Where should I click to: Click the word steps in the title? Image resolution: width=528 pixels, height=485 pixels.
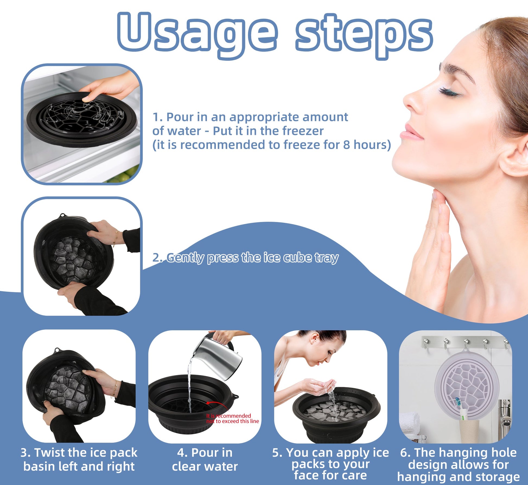[x=364, y=34]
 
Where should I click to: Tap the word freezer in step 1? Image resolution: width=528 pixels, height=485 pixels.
[x=303, y=131]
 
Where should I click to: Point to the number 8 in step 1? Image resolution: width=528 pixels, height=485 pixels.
[x=346, y=145]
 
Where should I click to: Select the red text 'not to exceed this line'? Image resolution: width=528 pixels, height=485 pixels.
[x=232, y=421]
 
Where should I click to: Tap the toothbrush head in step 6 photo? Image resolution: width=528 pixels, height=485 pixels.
[x=458, y=402]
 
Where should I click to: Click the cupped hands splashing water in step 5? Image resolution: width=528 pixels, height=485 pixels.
[x=324, y=385]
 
